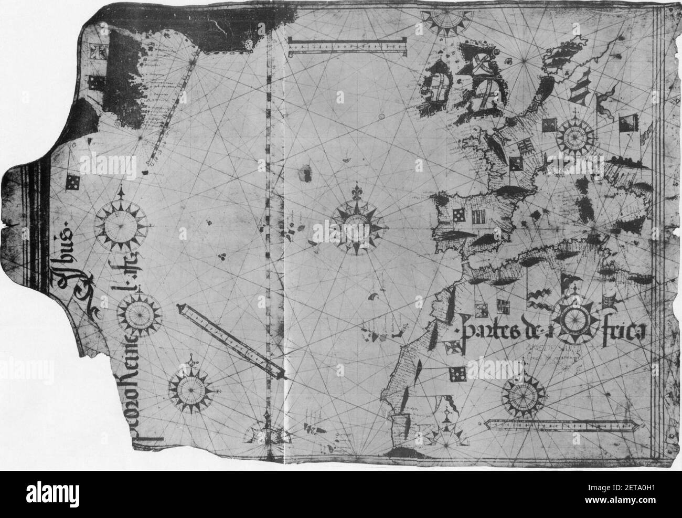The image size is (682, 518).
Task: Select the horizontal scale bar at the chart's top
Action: (x=347, y=48)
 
